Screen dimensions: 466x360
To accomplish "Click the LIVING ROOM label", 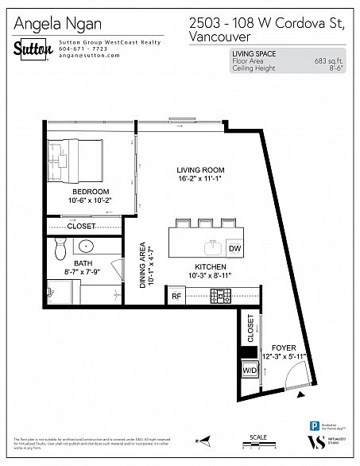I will (200, 170).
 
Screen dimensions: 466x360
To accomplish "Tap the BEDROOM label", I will (91, 192).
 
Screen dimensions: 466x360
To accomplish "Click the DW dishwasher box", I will (234, 249).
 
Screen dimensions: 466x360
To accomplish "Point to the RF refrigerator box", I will (176, 297).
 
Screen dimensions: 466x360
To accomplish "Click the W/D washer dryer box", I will (249, 371).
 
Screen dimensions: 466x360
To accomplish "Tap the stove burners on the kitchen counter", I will (220, 297).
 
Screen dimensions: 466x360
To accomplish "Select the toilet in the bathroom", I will (57, 250).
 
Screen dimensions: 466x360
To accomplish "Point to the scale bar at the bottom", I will (259, 446).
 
